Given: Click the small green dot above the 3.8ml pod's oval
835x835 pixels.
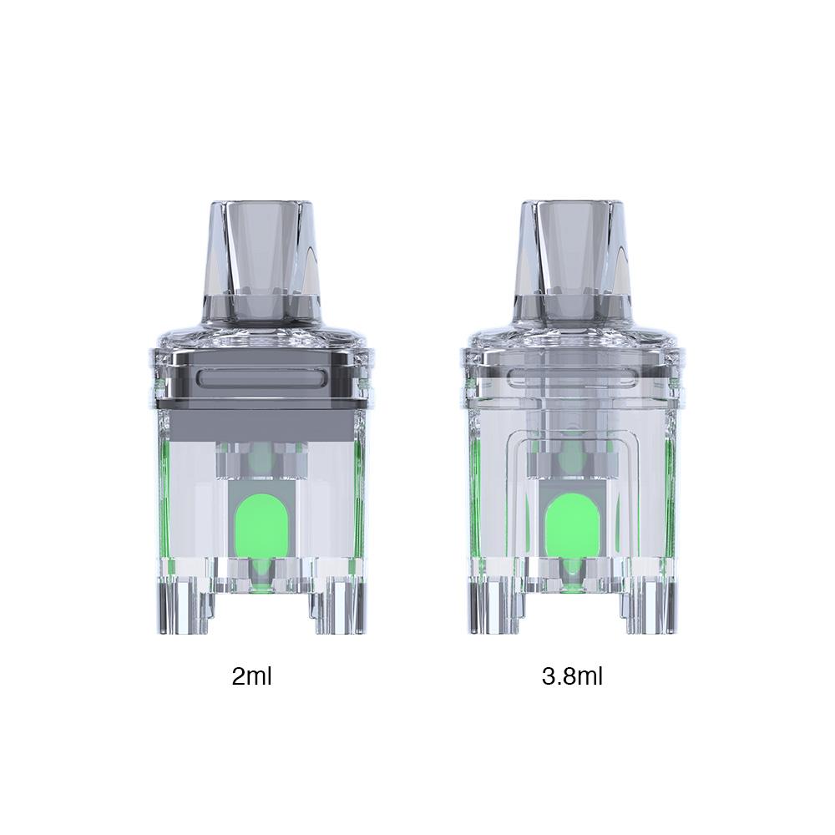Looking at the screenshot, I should tap(572, 458).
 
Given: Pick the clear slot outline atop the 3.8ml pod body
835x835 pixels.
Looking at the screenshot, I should tap(572, 381).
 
